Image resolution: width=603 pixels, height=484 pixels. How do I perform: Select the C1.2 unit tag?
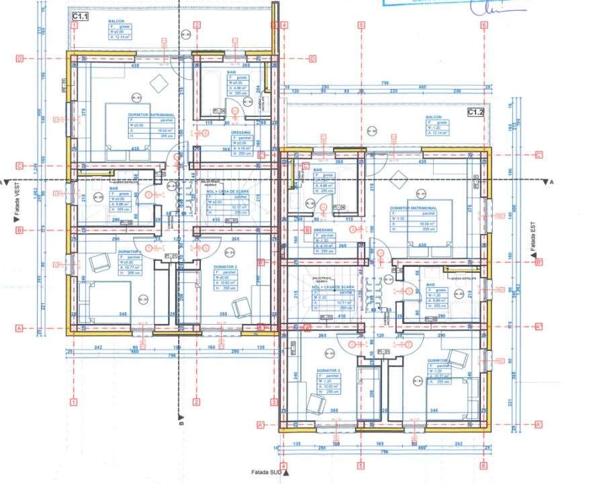pos(475,112)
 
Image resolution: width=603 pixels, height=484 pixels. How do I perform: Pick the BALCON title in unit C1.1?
pos(115,22)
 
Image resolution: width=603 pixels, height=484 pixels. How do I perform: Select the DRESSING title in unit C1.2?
pos(324,230)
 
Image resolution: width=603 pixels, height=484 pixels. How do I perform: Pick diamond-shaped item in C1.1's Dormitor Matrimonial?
pos(159,83)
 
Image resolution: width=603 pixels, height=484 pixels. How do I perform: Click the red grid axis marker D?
pos(20,57)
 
